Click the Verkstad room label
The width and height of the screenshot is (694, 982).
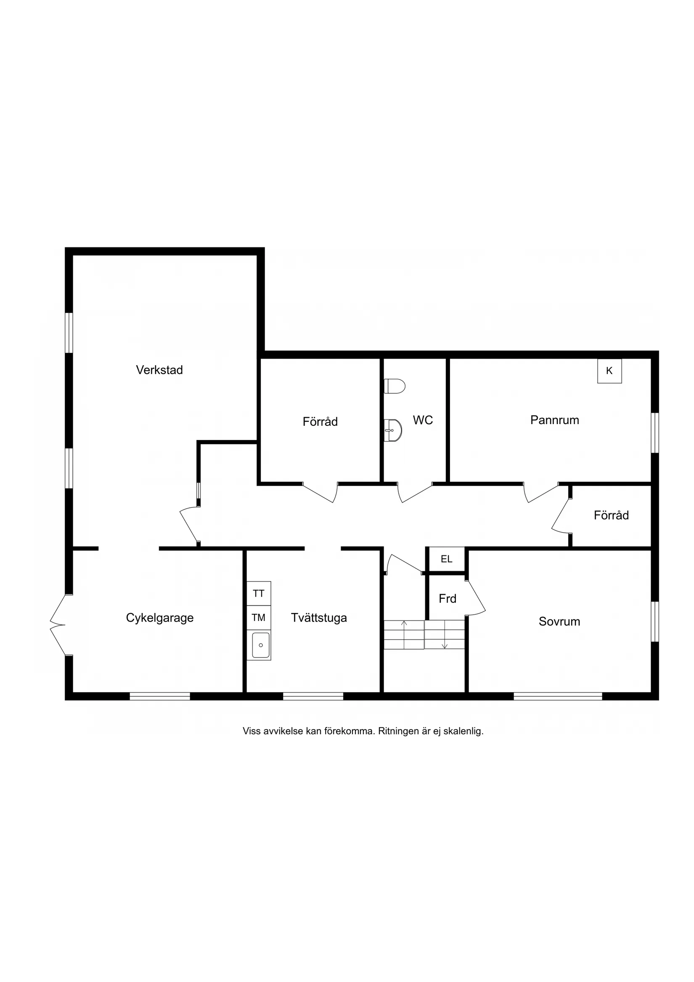[159, 370]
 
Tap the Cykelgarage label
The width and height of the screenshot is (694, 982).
[159, 618]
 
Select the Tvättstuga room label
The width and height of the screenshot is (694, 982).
[318, 618]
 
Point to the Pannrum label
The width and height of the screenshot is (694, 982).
[555, 420]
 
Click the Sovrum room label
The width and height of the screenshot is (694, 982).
[559, 621]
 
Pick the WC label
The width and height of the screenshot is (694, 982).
[423, 420]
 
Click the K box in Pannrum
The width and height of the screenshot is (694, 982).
[609, 371]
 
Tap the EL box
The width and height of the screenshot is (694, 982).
[446, 559]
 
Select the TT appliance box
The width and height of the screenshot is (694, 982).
[259, 594]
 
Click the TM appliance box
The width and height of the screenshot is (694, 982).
[259, 618]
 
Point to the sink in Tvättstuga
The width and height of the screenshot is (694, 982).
[260, 645]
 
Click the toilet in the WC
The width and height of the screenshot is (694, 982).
[394, 386]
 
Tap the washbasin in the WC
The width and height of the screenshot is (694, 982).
[393, 430]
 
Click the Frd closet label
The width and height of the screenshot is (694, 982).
[447, 599]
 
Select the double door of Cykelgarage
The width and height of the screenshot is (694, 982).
[58, 625]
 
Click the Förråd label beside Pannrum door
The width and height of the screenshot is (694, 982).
[611, 515]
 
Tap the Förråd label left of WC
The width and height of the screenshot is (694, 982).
[320, 422]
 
